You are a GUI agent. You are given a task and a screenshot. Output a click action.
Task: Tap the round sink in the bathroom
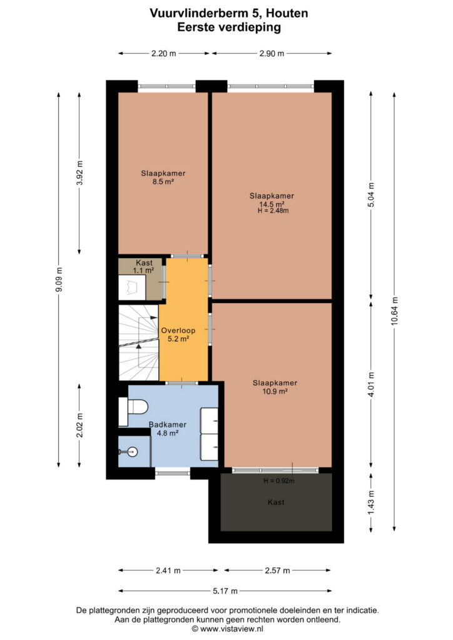[132, 451]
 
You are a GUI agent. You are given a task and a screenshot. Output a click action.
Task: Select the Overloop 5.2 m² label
[178, 335]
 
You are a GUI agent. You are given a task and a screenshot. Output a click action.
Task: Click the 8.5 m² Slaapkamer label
[163, 177]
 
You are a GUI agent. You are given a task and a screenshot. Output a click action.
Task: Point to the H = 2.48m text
[273, 211]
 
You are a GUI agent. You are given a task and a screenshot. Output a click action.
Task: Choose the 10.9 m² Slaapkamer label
[275, 387]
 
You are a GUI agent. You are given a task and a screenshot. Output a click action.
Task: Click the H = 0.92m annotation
[279, 481]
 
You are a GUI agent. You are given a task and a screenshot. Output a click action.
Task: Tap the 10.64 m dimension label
[394, 311]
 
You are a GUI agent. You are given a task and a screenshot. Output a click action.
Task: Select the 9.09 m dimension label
[59, 279]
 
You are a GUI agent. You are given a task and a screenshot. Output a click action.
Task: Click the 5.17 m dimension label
[225, 591]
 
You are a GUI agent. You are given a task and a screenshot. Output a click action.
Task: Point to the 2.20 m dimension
[164, 54]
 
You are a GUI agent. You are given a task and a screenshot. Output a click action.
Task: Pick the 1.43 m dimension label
[371, 503]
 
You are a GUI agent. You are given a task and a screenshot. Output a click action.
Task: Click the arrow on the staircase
[138, 346]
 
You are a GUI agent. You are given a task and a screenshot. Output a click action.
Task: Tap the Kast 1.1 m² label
[144, 266]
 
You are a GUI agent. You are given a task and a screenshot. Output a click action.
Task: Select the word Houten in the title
[287, 14]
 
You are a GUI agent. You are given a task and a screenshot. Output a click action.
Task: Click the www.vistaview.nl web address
[232, 629]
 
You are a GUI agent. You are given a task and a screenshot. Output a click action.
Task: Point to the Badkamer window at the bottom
[173, 474]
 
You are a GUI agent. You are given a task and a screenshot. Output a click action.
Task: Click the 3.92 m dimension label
[79, 173]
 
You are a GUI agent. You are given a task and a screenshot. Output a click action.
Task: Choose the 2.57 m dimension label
[277, 571]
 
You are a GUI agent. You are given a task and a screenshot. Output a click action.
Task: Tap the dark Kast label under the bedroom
[276, 502]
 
